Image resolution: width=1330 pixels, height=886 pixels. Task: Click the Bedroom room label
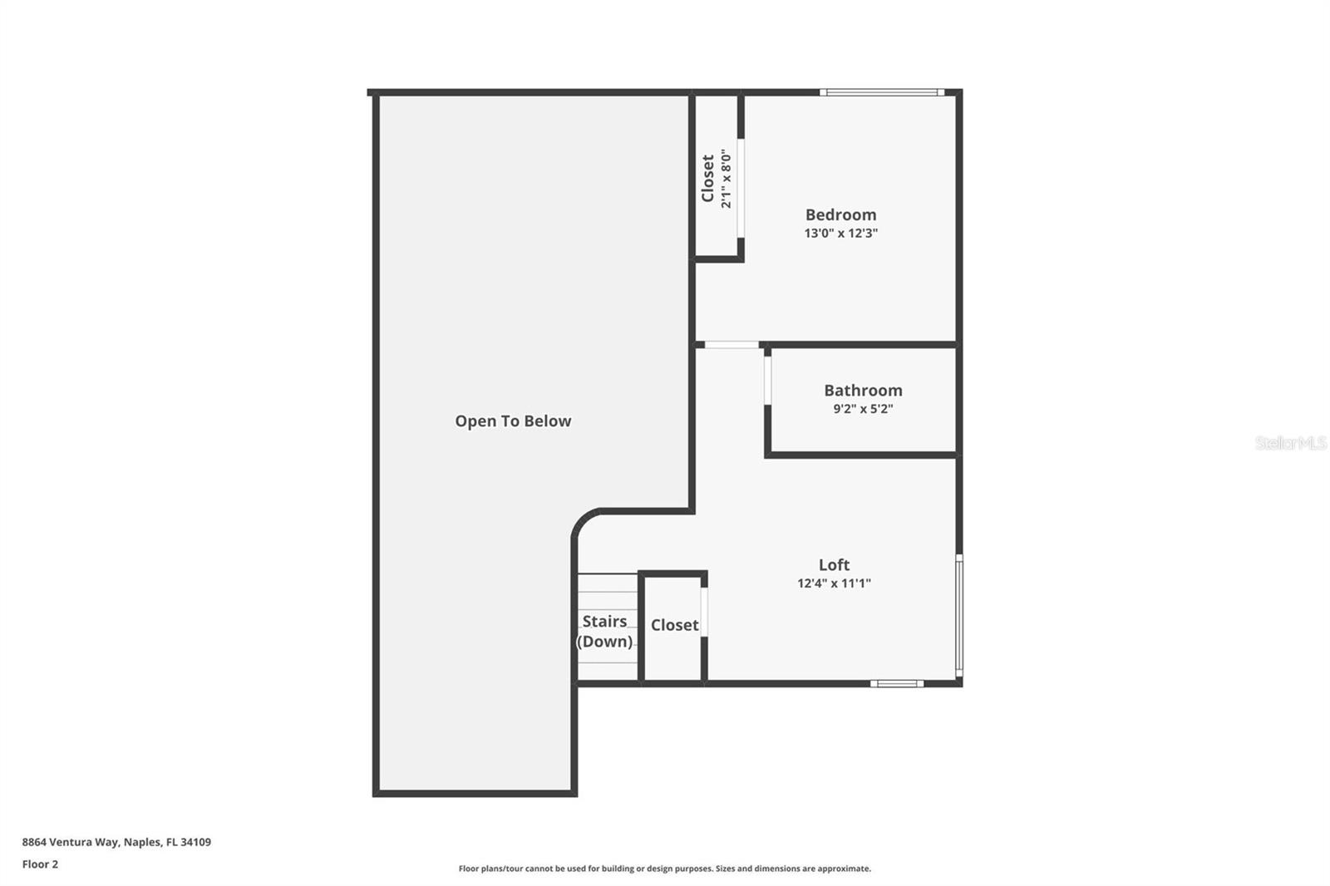pos(840,214)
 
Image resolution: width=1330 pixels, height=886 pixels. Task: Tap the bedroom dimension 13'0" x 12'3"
pos(840,233)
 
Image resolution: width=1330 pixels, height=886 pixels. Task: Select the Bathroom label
pos(863,390)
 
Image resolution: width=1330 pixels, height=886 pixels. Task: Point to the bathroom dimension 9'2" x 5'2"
pos(863,409)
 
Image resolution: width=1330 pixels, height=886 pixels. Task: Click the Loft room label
pos(835,564)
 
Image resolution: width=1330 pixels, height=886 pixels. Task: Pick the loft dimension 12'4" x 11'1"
pos(835,583)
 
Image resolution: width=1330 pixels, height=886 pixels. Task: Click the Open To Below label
pos(513,421)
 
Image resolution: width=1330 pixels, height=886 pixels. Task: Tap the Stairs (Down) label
pos(604,631)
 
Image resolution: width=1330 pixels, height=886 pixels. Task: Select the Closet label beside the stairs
pos(674,625)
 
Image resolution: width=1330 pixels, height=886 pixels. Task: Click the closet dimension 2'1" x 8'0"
pos(727,178)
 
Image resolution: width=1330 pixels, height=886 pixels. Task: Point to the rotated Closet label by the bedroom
pos(707,178)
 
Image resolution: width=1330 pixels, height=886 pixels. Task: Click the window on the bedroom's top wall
pos(882,92)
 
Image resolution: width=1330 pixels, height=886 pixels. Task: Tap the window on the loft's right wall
pos(959,615)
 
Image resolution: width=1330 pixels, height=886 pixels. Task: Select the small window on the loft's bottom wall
pos(897,683)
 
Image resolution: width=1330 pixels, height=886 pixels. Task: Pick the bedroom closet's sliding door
pos(741,188)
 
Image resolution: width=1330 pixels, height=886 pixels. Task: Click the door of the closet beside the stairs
pos(704,613)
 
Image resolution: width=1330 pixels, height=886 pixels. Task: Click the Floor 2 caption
pos(41,864)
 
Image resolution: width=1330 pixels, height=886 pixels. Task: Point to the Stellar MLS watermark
pos(1291,442)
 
